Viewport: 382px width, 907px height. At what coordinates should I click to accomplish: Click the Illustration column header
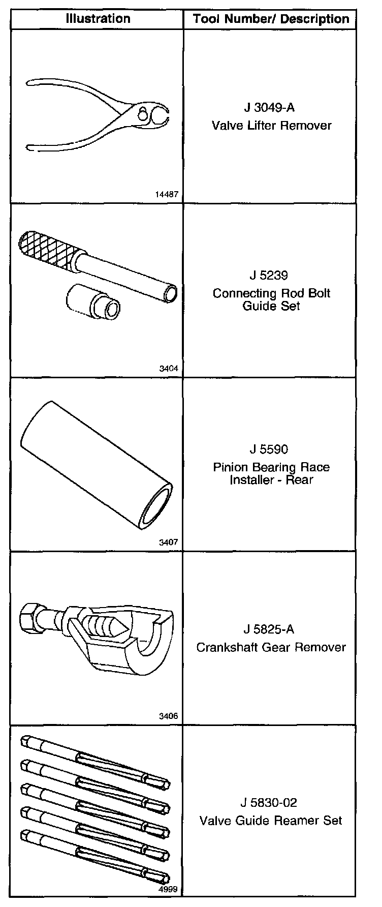pyautogui.click(x=98, y=19)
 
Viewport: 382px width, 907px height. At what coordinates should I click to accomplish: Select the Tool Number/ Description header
pyautogui.click(x=271, y=19)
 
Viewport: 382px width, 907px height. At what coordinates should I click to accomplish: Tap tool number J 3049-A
pyautogui.click(x=269, y=108)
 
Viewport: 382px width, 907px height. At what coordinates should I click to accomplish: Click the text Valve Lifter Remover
pyautogui.click(x=271, y=125)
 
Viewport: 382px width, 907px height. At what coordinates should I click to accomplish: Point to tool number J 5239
pyautogui.click(x=269, y=275)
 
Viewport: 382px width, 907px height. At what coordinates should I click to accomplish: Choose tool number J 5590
pyautogui.click(x=269, y=449)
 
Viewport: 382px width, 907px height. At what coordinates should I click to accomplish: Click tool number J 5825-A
pyautogui.click(x=269, y=629)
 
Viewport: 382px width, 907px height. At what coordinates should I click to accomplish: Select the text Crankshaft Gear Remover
pyautogui.click(x=271, y=647)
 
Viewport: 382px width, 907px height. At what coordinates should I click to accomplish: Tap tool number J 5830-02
pyautogui.click(x=269, y=803)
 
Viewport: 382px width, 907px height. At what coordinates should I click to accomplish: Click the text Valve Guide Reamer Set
pyautogui.click(x=271, y=821)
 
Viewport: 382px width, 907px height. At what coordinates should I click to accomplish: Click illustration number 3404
pyautogui.click(x=169, y=369)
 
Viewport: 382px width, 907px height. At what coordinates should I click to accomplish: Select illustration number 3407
pyautogui.click(x=169, y=542)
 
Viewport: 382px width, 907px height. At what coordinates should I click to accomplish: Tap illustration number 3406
pyautogui.click(x=169, y=716)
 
